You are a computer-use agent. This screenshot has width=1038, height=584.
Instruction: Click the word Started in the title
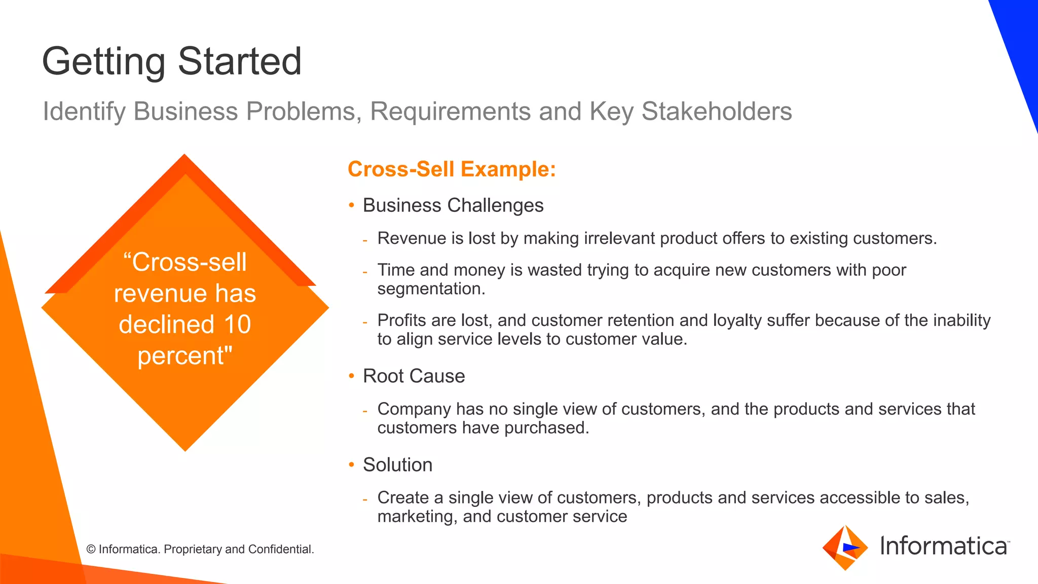click(x=239, y=61)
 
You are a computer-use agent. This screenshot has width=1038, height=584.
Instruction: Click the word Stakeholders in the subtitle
click(x=716, y=112)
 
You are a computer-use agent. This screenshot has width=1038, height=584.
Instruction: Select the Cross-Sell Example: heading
click(x=452, y=169)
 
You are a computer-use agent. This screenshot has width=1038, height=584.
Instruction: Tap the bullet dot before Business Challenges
click(x=351, y=205)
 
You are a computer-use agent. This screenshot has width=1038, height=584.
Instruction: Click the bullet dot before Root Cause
click(x=351, y=376)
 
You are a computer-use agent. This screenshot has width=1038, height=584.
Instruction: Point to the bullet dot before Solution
click(x=351, y=465)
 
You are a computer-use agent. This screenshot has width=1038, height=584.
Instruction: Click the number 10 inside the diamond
click(x=237, y=324)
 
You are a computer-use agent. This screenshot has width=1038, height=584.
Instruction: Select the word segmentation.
click(x=431, y=289)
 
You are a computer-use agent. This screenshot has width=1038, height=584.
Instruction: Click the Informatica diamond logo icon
click(x=845, y=547)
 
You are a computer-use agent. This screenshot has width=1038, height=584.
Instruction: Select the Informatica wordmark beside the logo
click(x=944, y=546)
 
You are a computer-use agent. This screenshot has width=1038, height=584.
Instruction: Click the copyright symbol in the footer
click(x=91, y=550)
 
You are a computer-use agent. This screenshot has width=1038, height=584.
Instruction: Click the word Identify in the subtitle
click(x=84, y=112)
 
